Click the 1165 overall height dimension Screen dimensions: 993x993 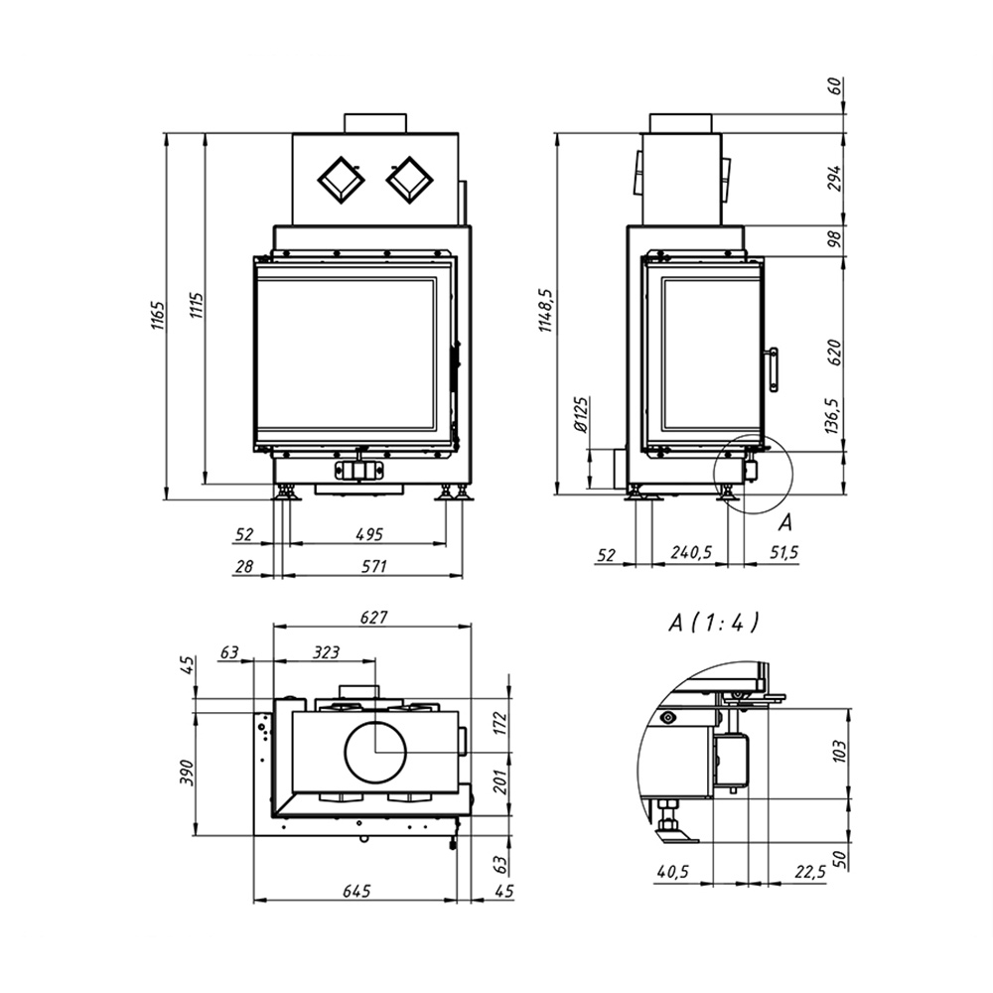tap(157, 315)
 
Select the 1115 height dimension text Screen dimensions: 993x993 tap(197, 305)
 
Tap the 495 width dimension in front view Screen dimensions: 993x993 tap(368, 534)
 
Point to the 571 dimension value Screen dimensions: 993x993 tap(373, 566)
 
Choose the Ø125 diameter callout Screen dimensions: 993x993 tap(582, 414)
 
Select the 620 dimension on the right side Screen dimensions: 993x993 tap(835, 353)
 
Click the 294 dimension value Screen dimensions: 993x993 tap(835, 178)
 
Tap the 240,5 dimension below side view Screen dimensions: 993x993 tap(691, 552)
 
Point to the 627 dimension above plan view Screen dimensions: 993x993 tap(373, 617)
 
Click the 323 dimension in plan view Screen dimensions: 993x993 tap(326, 651)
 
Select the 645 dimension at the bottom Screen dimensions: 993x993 tap(356, 891)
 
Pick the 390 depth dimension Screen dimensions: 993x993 tap(187, 773)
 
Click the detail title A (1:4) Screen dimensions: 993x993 tap(714, 623)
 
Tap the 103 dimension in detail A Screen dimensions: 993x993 tap(840, 751)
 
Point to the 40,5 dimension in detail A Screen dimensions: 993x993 tap(672, 872)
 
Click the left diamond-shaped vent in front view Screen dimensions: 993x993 tap(341, 180)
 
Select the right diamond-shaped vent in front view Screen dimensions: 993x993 tap(409, 180)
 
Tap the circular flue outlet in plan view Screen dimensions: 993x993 tap(375, 752)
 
